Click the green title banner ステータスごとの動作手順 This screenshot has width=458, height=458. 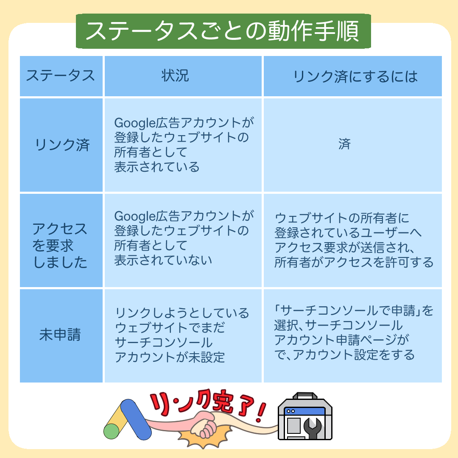223,31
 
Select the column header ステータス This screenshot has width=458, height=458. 61,75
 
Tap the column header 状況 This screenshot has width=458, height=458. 175,75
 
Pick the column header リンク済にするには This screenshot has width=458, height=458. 355,76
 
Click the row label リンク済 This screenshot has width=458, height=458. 62,145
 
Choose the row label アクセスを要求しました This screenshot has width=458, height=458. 60,246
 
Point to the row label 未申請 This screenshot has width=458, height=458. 60,335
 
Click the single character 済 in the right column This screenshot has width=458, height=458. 344,144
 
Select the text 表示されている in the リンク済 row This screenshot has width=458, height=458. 157,167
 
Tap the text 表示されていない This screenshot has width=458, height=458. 163,260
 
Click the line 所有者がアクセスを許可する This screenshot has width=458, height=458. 354,262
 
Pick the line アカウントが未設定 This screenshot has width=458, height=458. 170,357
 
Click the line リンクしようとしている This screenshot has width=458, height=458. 182,313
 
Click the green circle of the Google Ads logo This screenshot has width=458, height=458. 112,431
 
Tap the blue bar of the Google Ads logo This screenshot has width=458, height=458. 136,419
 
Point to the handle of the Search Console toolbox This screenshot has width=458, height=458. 305,396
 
